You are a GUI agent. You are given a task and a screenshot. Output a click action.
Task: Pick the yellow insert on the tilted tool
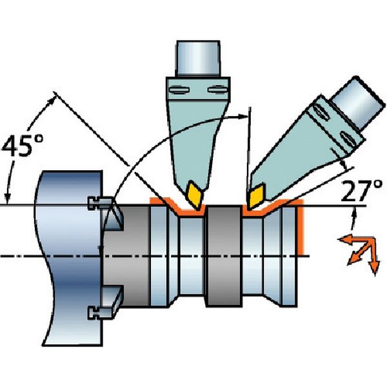257,194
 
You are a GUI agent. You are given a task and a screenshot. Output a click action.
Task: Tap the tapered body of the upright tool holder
193,129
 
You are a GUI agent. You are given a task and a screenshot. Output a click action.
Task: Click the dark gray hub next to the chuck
132,258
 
